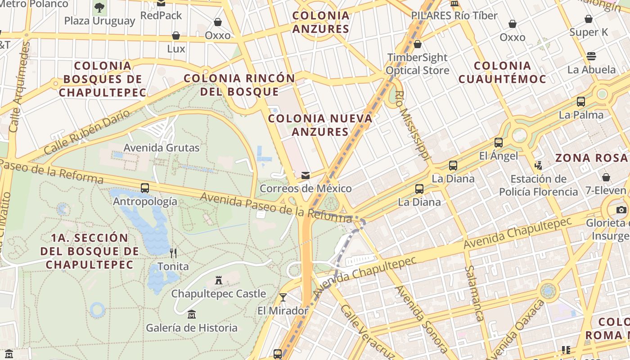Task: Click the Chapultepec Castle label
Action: tap(218, 294)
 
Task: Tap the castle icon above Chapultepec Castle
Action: tap(219, 280)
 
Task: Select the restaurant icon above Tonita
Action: tap(173, 253)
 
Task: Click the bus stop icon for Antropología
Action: tap(145, 188)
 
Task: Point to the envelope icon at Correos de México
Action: tap(306, 175)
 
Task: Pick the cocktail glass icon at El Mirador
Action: tap(283, 297)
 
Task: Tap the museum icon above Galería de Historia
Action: tap(192, 314)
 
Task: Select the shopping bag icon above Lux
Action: tap(176, 36)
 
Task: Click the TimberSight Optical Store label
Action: tap(418, 64)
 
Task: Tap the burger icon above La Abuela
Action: tap(591, 56)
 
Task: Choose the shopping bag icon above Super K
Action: tap(589, 19)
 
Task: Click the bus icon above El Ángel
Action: tap(499, 143)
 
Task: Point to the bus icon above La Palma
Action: tap(581, 102)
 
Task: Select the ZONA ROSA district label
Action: tap(591, 158)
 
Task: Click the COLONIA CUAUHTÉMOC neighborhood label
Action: tap(502, 72)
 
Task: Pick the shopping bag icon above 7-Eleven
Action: tap(606, 177)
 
